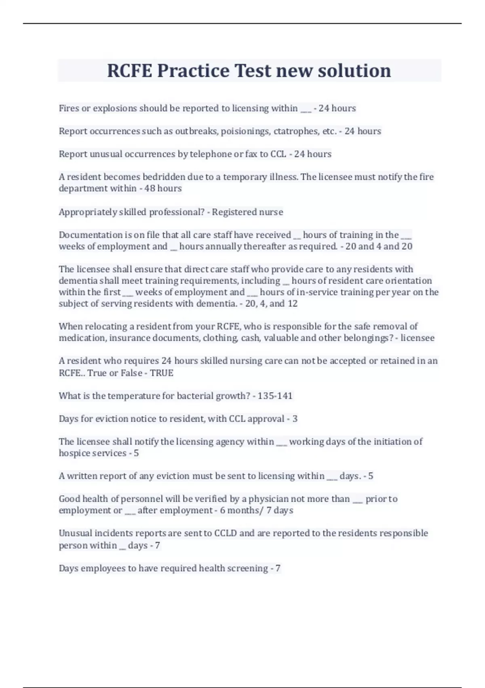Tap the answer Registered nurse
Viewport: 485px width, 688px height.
point(247,212)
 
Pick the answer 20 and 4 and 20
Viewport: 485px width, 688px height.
point(379,246)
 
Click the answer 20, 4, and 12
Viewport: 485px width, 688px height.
point(271,304)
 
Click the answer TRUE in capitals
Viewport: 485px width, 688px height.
point(162,373)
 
